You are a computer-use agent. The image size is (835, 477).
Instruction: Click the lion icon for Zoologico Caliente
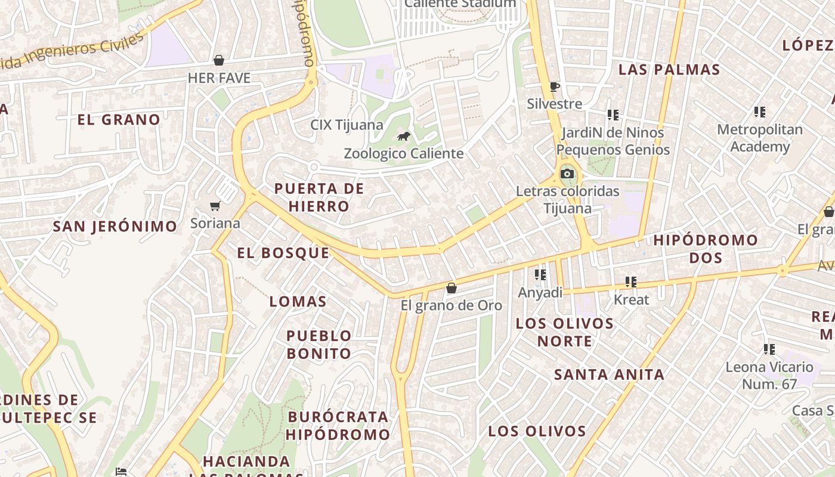[404, 137]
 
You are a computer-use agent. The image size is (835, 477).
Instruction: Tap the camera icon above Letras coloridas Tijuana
[567, 174]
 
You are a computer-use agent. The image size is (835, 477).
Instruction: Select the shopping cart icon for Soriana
[215, 206]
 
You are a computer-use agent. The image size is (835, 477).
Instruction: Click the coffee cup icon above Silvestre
[555, 87]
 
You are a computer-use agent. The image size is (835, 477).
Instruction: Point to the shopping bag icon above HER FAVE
[219, 60]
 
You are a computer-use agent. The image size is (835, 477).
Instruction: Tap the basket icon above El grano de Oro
[451, 288]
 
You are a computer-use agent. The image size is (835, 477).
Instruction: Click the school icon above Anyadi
[540, 275]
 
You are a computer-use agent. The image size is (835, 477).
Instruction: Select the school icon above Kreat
[631, 282]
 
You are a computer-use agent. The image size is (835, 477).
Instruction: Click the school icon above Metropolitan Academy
[760, 111]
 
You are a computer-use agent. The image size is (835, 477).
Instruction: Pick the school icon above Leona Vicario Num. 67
[769, 349]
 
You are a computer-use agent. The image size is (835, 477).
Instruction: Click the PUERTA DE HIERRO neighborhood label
[319, 197]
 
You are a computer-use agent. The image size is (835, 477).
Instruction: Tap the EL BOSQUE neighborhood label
[283, 253]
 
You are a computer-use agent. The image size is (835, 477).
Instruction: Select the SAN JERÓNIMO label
[115, 227]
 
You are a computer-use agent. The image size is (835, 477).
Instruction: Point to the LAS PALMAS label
[669, 70]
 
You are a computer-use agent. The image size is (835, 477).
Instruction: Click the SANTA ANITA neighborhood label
[609, 374]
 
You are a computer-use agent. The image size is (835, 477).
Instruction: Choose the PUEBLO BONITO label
[319, 345]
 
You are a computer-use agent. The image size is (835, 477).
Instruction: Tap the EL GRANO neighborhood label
[119, 119]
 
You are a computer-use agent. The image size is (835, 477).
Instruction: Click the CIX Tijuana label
[347, 125]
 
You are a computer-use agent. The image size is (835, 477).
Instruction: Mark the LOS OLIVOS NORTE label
[564, 332]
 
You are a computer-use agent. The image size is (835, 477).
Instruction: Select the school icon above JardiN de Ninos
[613, 114]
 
